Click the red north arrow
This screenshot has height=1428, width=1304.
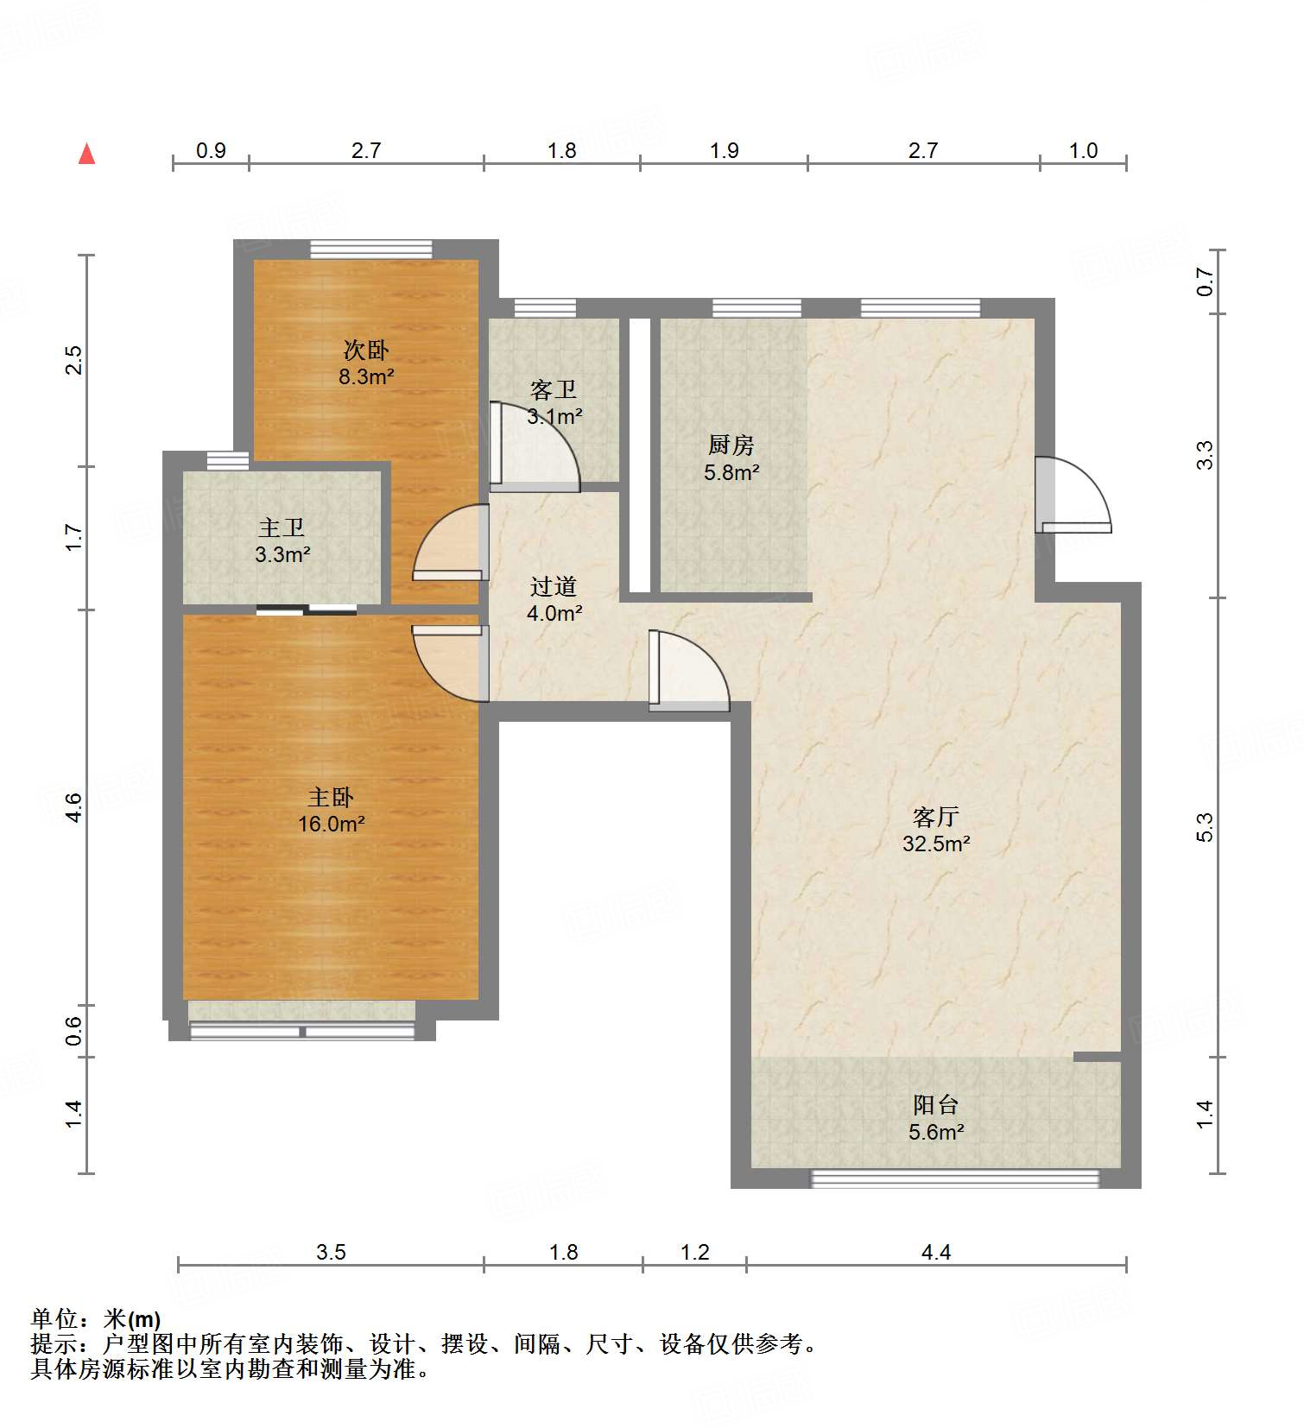pyautogui.click(x=86, y=154)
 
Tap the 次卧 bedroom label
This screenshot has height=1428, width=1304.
pyautogui.click(x=366, y=351)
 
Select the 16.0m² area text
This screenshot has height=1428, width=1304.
pyautogui.click(x=332, y=825)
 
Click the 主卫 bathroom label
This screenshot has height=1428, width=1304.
pyautogui.click(x=282, y=528)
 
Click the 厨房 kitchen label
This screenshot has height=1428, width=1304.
pyautogui.click(x=731, y=445)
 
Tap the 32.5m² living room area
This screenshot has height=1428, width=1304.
pyautogui.click(x=936, y=844)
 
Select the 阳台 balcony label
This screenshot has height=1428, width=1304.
pyautogui.click(x=936, y=1105)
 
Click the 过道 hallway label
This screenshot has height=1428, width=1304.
pyautogui.click(x=554, y=587)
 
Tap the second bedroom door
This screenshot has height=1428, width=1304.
pyautogui.click(x=450, y=544)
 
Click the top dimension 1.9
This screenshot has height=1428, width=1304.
pyautogui.click(x=724, y=151)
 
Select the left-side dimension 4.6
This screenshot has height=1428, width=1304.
pyautogui.click(x=74, y=806)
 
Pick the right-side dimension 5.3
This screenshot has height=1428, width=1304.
pyautogui.click(x=1205, y=826)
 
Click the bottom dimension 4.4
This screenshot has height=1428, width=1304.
pyautogui.click(x=936, y=1253)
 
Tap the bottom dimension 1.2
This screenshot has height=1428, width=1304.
pyautogui.click(x=694, y=1253)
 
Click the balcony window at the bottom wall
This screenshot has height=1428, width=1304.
pyautogui.click(x=954, y=1178)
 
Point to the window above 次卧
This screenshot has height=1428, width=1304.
pyautogui.click(x=371, y=249)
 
